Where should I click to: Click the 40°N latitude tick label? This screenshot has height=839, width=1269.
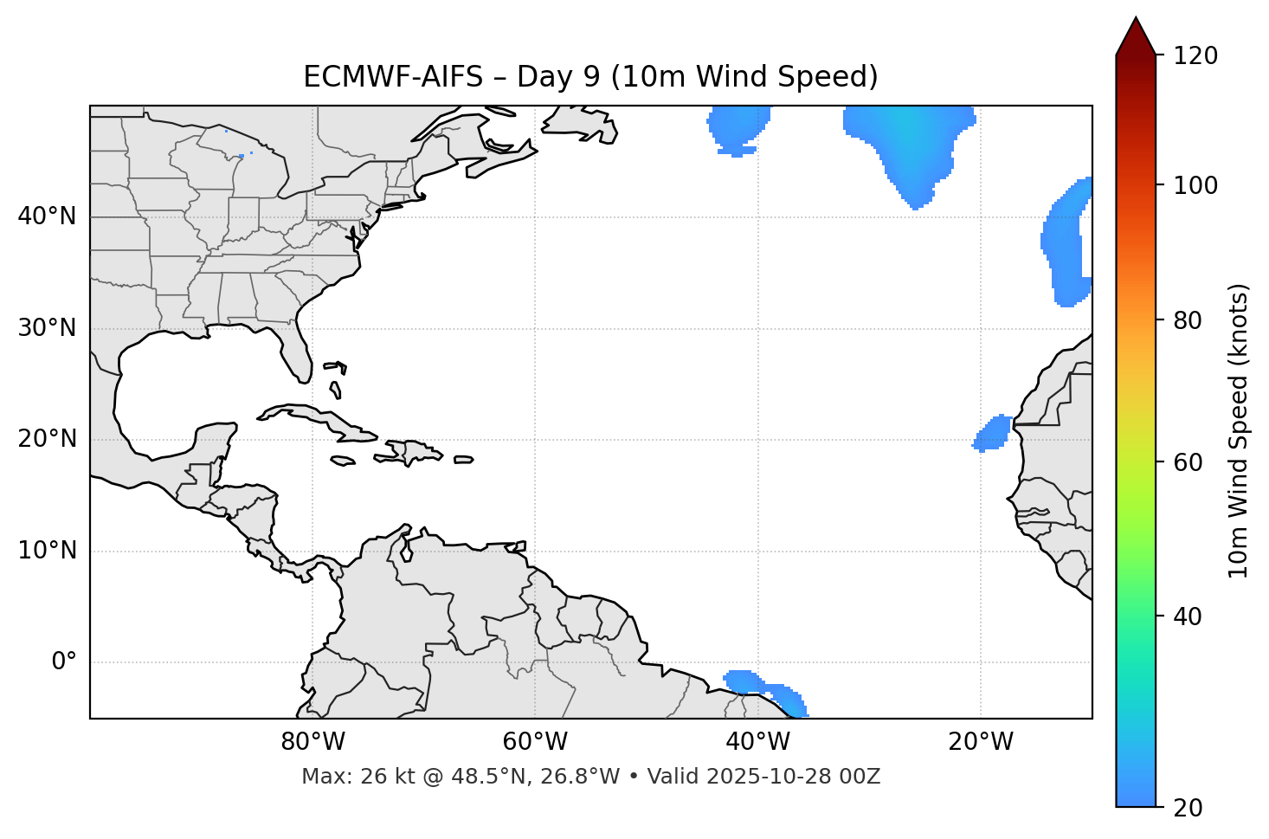pos(47,216)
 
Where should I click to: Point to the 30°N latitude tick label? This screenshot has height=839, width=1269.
pos(47,328)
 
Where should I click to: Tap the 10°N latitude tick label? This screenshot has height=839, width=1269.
pos(47,551)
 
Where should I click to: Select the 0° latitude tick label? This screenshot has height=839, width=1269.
pos(63,662)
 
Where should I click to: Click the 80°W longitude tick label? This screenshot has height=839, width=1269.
pos(312,742)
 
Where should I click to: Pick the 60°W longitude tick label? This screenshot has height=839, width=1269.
pos(535,742)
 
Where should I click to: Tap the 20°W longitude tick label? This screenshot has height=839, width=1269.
pos(981,742)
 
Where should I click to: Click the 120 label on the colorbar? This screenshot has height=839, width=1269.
pos(1195,56)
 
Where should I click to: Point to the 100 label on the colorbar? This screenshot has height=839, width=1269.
pos(1195,185)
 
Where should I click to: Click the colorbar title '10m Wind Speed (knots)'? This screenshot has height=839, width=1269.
pos(1239,430)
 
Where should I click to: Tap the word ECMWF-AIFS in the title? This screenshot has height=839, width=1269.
pos(392,77)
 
